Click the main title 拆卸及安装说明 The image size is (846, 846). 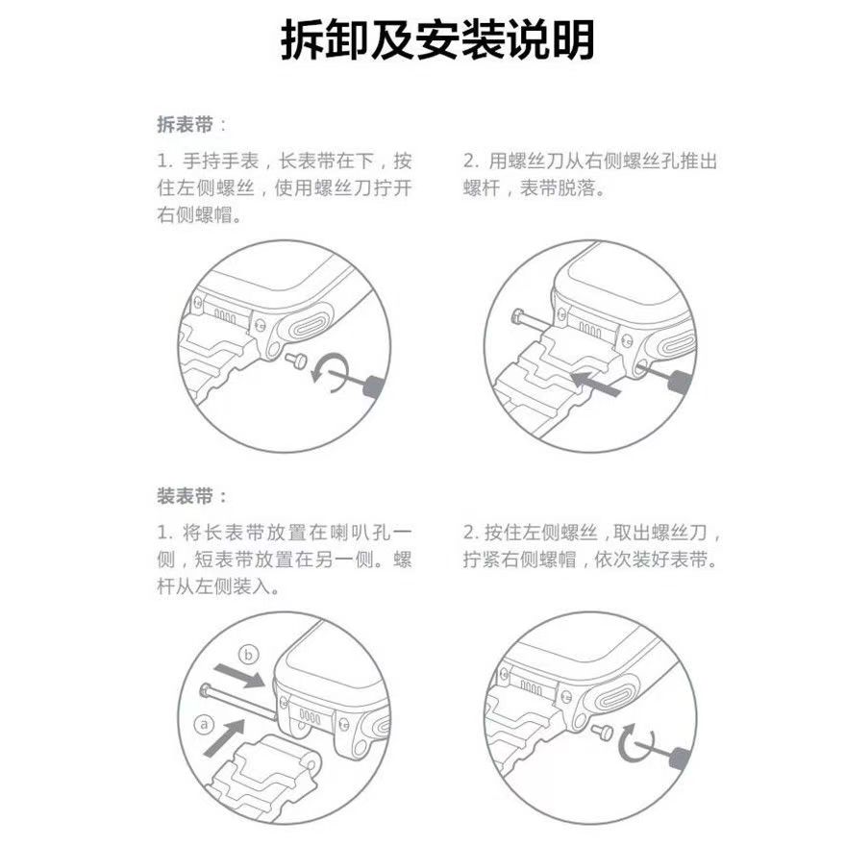437,40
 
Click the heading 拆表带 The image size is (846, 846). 185,125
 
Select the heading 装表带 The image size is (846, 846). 185,496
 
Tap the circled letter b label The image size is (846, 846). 248,655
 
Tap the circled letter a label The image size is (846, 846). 204,725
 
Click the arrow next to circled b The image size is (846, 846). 239,676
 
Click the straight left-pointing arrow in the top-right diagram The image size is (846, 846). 596,383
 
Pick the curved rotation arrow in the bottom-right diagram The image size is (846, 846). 634,743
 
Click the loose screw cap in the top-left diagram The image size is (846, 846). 297,360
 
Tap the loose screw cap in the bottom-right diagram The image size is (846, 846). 603,733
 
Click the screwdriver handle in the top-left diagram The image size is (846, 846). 374,385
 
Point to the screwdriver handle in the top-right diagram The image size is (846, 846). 680,383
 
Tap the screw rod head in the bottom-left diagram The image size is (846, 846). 206,689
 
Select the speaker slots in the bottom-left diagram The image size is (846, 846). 310,716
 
